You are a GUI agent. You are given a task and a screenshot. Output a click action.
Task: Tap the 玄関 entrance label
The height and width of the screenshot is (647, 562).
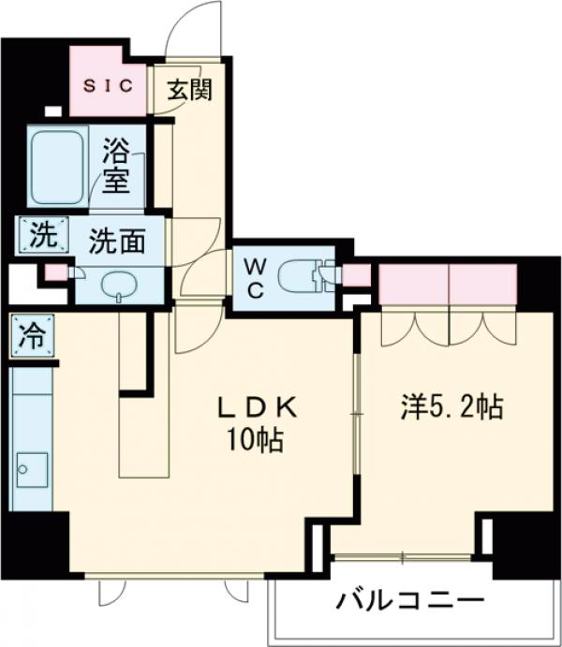tap(191, 90)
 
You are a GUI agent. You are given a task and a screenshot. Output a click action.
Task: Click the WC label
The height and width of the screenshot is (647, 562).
tap(256, 278)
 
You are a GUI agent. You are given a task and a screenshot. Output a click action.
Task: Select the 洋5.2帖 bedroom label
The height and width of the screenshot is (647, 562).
tap(453, 407)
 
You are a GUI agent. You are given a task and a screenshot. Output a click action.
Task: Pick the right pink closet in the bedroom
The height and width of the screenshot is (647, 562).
tap(483, 285)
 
